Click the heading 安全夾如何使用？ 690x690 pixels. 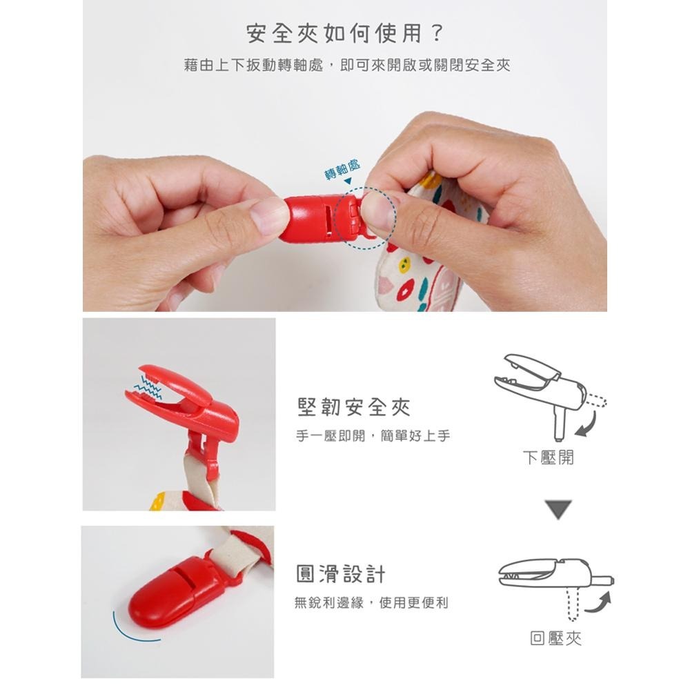pyautogui.click(x=345, y=33)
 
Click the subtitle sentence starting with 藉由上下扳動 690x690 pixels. pyautogui.click(x=347, y=66)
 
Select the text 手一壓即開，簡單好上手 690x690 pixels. pyautogui.click(x=373, y=436)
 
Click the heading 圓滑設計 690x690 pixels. pyautogui.click(x=340, y=573)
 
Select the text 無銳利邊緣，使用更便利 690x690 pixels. pyautogui.click(x=371, y=602)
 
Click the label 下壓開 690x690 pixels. pyautogui.click(x=548, y=457)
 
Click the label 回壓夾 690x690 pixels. pyautogui.click(x=555, y=638)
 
